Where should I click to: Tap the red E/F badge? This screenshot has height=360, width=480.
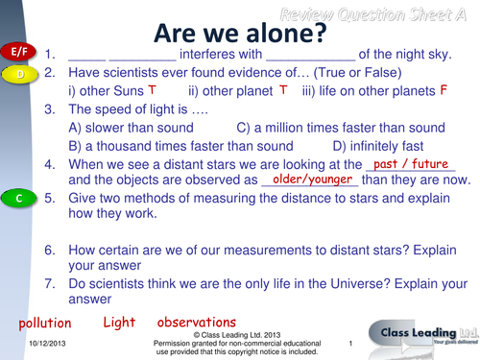[x=18, y=51]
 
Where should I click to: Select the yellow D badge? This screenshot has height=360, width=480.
[x=18, y=73]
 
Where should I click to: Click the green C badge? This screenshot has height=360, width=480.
[x=18, y=198]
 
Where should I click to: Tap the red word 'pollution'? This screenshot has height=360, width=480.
[x=40, y=324]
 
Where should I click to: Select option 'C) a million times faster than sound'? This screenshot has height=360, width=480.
[x=335, y=128]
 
